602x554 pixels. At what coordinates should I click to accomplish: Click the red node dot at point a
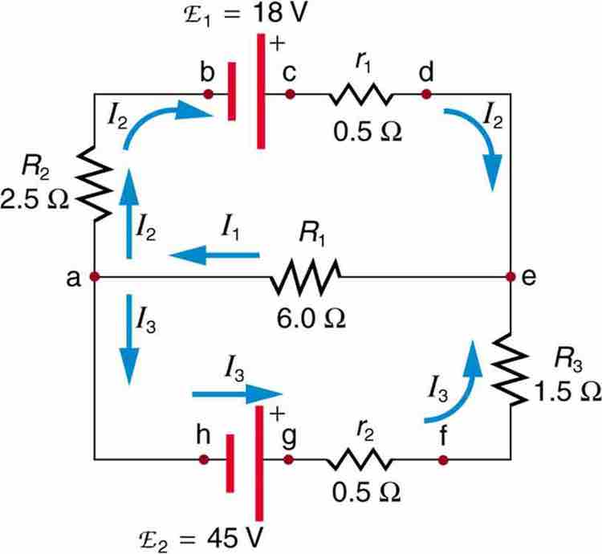click(x=95, y=277)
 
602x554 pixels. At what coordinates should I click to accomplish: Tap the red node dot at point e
click(x=510, y=277)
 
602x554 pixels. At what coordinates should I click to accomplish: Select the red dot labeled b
click(x=209, y=94)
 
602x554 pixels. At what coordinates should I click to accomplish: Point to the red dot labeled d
click(x=425, y=94)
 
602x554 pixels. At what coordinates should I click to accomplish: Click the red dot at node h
click(x=205, y=461)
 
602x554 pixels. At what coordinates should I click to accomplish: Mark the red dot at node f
click(x=443, y=461)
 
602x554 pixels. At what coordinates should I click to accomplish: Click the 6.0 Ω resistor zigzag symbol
click(x=307, y=277)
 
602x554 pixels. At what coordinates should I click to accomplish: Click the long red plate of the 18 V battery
click(x=260, y=91)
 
